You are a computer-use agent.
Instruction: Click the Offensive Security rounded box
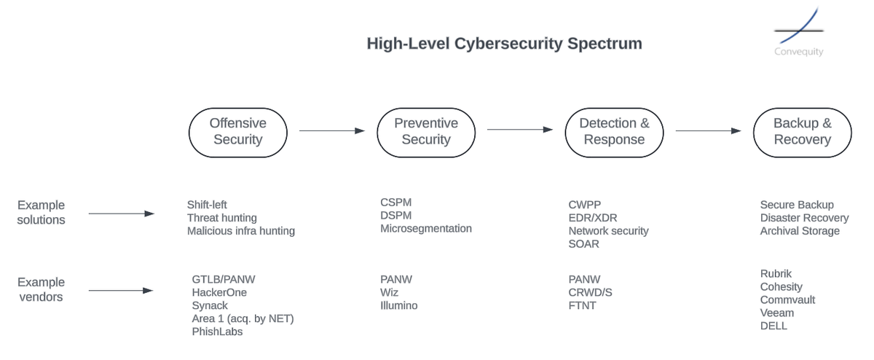(237, 131)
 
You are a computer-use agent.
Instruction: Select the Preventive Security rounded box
(426, 131)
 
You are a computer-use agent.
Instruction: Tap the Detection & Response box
(614, 131)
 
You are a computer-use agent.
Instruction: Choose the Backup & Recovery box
(802, 131)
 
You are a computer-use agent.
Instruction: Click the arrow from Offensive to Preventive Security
(331, 131)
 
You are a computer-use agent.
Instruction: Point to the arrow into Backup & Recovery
(708, 131)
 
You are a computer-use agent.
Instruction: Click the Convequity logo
(798, 33)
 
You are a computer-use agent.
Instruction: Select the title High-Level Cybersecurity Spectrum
(504, 44)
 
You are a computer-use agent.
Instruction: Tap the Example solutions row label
(41, 212)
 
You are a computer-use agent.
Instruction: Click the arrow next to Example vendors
(121, 291)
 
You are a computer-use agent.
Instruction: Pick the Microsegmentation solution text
(426, 229)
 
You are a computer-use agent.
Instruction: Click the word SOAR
(584, 244)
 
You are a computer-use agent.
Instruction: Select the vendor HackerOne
(219, 292)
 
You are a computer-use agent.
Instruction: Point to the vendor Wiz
(390, 292)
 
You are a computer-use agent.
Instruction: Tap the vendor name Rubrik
(776, 274)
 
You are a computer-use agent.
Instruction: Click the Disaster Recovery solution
(804, 218)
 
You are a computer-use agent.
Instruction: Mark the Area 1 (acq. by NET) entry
(243, 318)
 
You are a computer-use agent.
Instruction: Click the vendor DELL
(773, 326)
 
